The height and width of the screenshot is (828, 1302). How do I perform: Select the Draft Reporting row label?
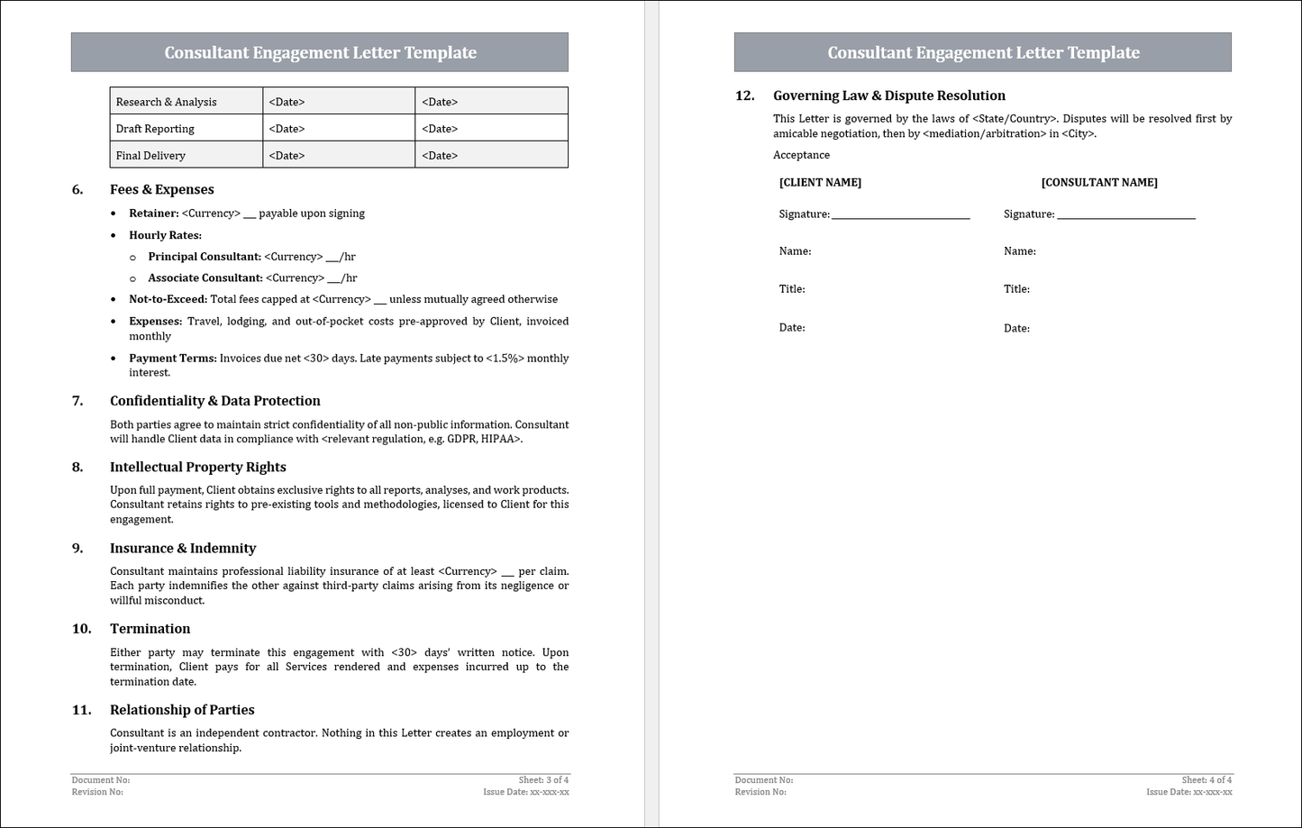(x=155, y=129)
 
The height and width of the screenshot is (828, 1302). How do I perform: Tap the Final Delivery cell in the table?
(x=150, y=156)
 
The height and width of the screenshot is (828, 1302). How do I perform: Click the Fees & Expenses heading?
(x=162, y=189)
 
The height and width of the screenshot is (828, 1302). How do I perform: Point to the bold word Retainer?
(x=154, y=214)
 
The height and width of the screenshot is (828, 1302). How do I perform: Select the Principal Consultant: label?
(x=205, y=257)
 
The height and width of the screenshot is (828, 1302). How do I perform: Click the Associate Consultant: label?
(x=205, y=278)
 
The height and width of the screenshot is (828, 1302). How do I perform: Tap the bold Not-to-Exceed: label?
(x=168, y=299)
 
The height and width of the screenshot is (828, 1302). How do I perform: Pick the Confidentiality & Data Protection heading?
(x=215, y=401)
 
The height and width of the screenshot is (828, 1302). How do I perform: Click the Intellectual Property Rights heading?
(x=198, y=467)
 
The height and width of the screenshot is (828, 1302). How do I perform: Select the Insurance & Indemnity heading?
(x=183, y=548)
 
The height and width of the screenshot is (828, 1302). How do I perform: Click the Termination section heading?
(x=150, y=629)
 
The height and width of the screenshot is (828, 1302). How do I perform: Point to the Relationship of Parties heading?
(x=182, y=710)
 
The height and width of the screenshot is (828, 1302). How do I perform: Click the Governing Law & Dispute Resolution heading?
(x=889, y=96)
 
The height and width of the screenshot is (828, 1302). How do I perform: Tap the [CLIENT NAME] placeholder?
(x=820, y=183)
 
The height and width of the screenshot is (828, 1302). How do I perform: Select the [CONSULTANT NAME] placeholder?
(x=1099, y=183)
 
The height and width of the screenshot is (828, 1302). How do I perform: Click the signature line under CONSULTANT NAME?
(x=1125, y=216)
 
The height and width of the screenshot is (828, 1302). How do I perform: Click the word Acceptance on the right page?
(x=801, y=155)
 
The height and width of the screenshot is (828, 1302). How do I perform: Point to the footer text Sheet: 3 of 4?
(x=543, y=780)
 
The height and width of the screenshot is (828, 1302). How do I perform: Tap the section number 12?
(x=744, y=96)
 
